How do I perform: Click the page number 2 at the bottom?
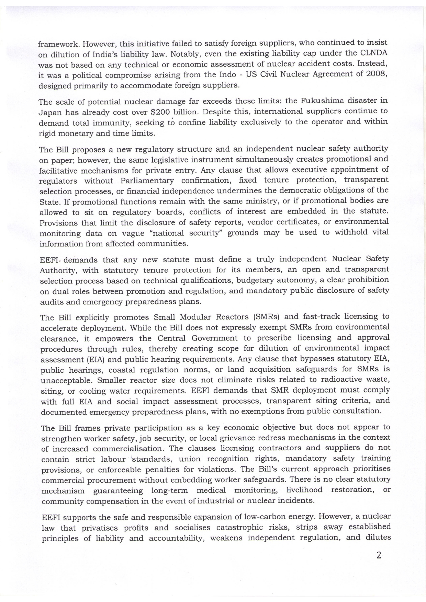tap(379, 555)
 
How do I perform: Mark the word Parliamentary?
tap(147, 181)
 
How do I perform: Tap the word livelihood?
tap(304, 490)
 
